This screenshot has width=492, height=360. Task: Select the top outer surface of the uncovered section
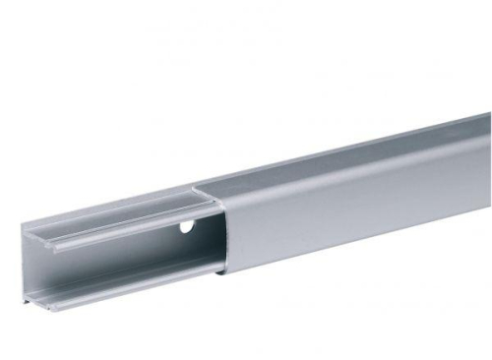[x=108, y=209]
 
